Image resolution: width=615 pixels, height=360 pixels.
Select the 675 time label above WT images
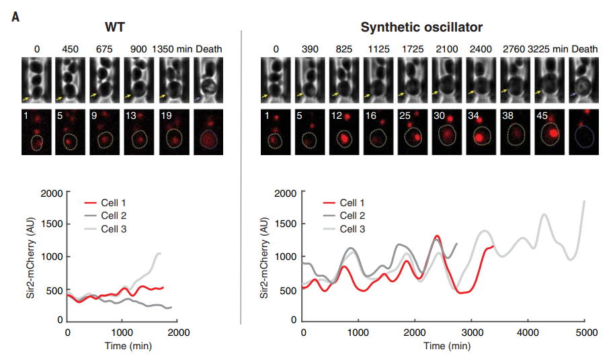(x=103, y=49)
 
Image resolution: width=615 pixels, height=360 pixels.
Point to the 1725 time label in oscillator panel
(x=412, y=49)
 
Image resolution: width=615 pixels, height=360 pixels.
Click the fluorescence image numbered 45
(x=549, y=134)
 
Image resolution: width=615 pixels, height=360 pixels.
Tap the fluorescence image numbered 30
(x=446, y=134)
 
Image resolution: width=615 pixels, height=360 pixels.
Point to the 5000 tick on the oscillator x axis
(x=585, y=332)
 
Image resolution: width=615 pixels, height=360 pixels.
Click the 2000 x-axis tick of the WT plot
(x=177, y=332)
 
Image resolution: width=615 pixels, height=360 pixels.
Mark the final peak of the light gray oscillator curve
(x=584, y=201)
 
